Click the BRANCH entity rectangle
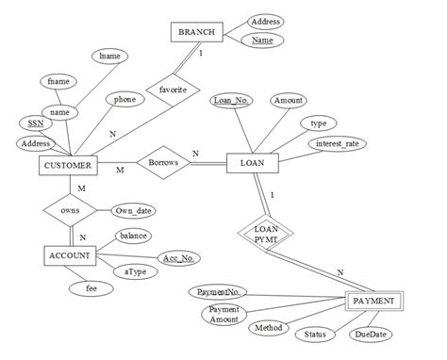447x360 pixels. [196, 33]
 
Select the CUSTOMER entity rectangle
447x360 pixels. [68, 166]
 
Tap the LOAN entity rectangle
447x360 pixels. [252, 163]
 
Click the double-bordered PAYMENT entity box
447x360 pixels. [375, 303]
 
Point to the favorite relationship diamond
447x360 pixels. [174, 89]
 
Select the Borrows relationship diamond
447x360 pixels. [162, 163]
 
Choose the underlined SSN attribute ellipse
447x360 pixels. [36, 123]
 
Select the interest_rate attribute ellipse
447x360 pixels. [337, 144]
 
